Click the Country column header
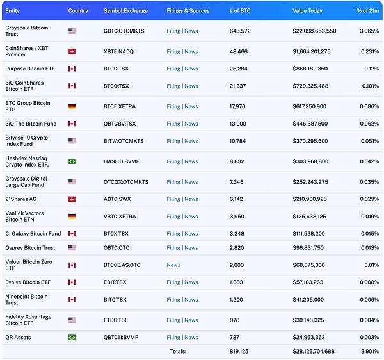pos(78,11)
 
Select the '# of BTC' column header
pos(241,11)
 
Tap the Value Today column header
pos(308,11)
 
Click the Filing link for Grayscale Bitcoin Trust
pos(173,31)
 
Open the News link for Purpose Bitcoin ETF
pos(191,69)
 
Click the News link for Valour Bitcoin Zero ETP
pos(173,265)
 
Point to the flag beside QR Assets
pos(72,337)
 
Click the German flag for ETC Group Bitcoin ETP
pos(72,106)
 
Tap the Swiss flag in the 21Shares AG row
pos(72,199)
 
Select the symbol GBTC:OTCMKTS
pos(124,31)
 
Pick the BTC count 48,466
pos(239,51)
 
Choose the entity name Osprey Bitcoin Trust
pos(30,247)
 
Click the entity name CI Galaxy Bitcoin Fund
pos(33,233)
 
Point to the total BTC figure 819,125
pos(239,350)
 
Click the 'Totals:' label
pos(179,350)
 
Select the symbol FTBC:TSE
pos(118,320)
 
